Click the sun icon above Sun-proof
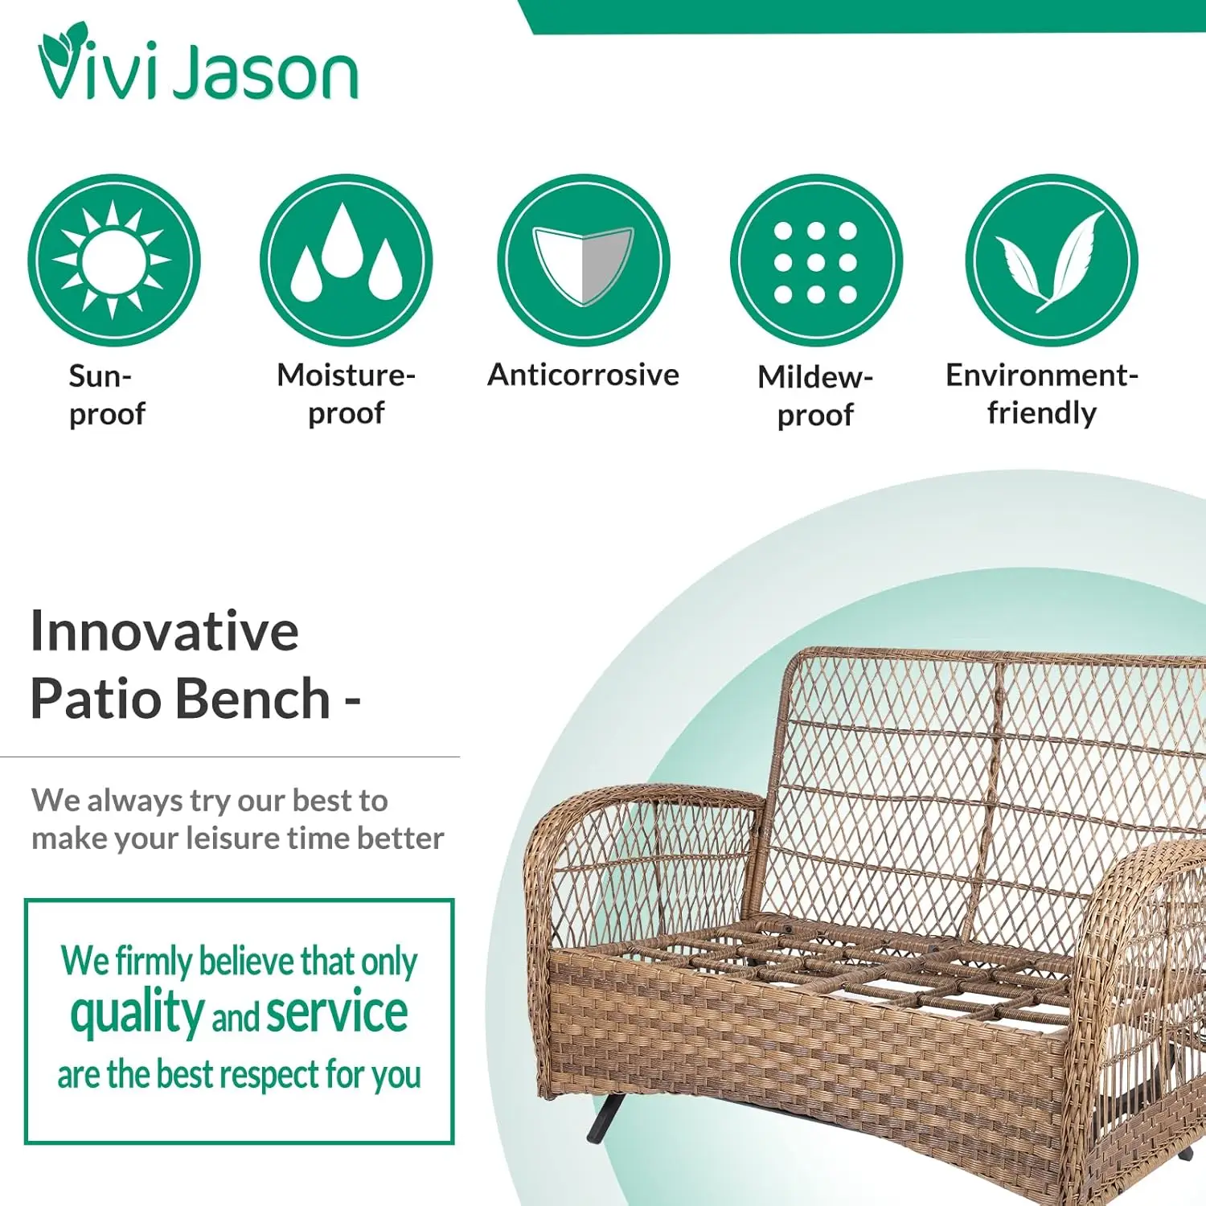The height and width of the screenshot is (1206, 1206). point(113,260)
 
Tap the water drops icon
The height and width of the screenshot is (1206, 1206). point(347,260)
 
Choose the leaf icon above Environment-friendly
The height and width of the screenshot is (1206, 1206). point(1052,260)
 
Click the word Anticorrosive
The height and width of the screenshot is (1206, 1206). point(584,375)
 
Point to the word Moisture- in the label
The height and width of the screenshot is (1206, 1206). point(347,375)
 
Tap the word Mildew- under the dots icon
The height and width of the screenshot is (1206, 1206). point(815,376)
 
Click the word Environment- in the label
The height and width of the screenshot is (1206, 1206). point(1042,375)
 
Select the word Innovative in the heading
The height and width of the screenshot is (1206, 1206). point(165,631)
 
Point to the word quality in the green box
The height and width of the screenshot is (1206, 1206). point(137,1013)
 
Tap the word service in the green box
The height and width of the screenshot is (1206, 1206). point(337,1012)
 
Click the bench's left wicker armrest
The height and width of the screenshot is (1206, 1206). point(643,804)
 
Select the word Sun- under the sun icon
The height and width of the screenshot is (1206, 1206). point(100,376)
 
